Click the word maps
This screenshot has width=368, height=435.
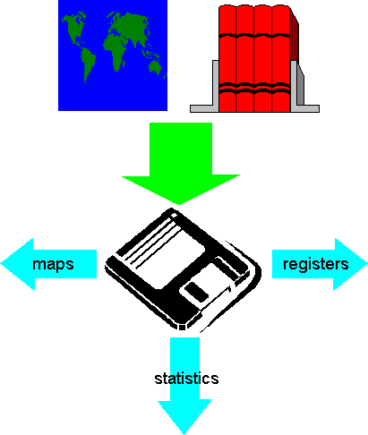[x=53, y=265]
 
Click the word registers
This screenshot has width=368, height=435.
[x=315, y=264]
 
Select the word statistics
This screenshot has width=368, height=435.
[x=186, y=379]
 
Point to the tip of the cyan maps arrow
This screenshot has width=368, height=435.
[x=1, y=264]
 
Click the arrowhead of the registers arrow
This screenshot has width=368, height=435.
[x=350, y=264]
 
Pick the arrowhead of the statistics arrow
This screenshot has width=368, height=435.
[x=184, y=416]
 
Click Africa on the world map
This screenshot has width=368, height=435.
[x=116, y=52]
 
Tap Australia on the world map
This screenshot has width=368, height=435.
[x=155, y=66]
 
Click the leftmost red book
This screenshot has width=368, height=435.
[x=227, y=58]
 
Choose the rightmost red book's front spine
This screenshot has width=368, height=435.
[x=280, y=58]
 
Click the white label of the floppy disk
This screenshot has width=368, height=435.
[x=169, y=256]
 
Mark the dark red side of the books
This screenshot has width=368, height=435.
[x=295, y=36]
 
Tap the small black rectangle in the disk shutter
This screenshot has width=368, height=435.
[x=196, y=292]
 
